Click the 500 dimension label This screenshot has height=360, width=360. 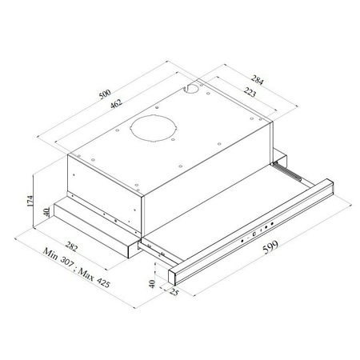point(105,94)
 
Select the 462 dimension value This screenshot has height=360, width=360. point(116,103)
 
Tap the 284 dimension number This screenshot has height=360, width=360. point(257,80)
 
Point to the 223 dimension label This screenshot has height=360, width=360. point(250,92)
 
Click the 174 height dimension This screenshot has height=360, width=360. point(30,201)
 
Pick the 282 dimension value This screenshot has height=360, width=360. point(71,246)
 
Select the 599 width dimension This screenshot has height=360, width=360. point(270,247)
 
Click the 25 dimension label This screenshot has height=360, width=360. point(174,292)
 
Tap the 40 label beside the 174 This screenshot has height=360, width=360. point(46,212)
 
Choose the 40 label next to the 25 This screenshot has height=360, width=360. point(152,284)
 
